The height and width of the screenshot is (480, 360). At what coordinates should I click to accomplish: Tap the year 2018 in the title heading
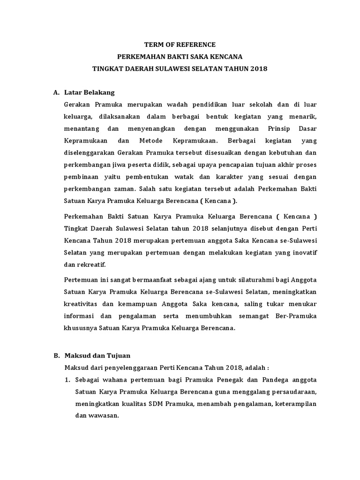(x=258, y=69)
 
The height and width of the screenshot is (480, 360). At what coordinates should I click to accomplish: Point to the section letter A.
(x=56, y=92)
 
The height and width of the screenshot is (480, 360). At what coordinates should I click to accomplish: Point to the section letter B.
(x=56, y=355)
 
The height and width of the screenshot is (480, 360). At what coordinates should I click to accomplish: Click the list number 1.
(x=67, y=380)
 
